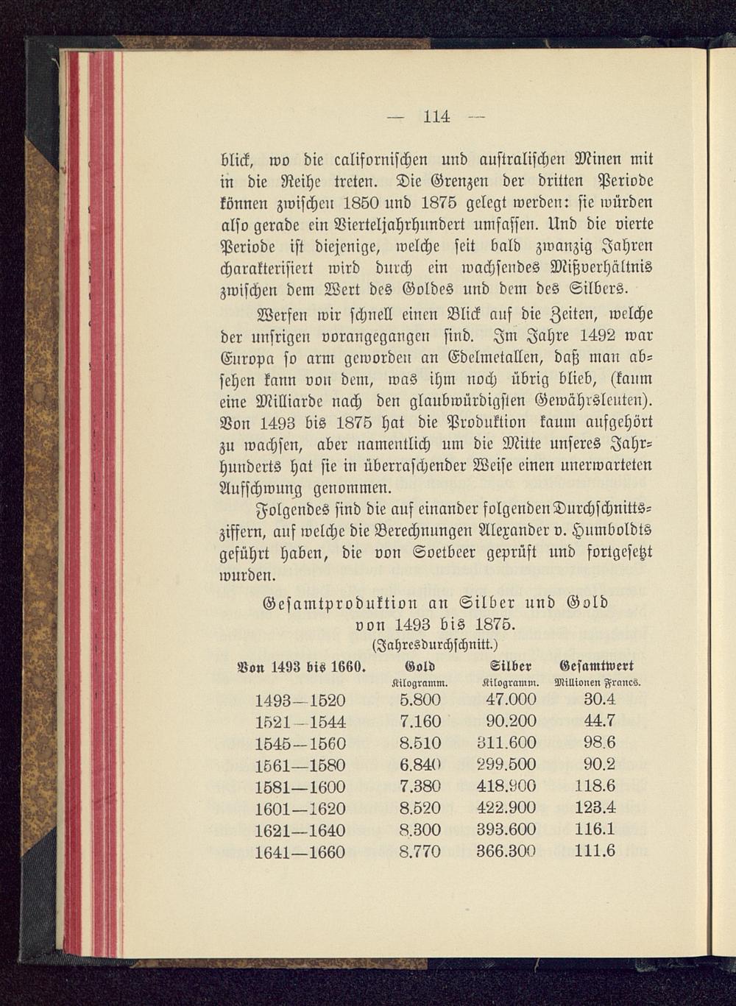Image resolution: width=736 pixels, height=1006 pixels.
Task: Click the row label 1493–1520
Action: click(299, 698)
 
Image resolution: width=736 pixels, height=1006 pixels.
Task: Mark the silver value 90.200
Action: click(511, 720)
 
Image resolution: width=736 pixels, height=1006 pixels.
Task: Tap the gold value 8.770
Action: click(419, 851)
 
